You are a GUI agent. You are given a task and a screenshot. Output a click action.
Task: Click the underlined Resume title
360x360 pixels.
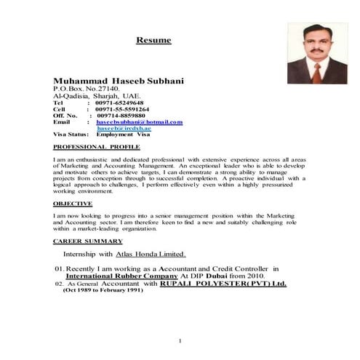pyautogui.click(x=153, y=40)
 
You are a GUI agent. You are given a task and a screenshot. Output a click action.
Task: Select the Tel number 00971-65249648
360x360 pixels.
pyautogui.click(x=120, y=103)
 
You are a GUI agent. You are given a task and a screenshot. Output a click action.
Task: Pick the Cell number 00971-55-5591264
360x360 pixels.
pyautogui.click(x=123, y=109)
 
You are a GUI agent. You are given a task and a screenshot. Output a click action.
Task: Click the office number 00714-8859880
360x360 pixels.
pyautogui.click(x=121, y=115)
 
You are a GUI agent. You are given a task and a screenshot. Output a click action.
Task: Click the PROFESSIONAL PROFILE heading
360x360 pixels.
pyautogui.click(x=91, y=147)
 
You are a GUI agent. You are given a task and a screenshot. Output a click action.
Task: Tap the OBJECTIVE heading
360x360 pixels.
pyautogui.click(x=73, y=204)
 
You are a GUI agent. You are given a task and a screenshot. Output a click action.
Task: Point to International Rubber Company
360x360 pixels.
pyautogui.click(x=122, y=276)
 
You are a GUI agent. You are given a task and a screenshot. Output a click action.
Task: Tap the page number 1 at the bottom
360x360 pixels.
pyautogui.click(x=180, y=341)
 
